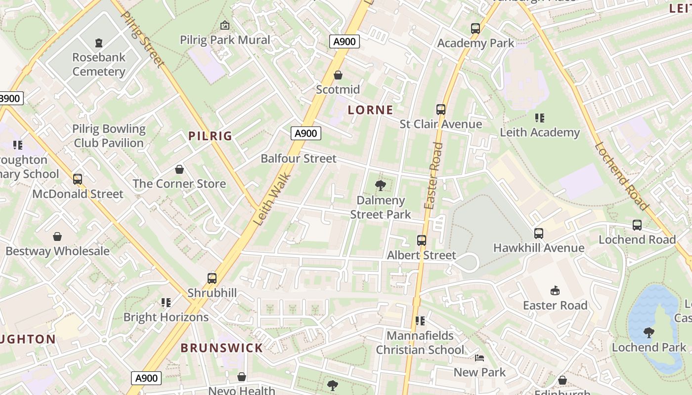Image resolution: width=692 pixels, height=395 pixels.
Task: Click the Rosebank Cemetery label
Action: coord(99,64)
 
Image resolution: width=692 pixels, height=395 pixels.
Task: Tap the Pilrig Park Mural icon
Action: coord(225,25)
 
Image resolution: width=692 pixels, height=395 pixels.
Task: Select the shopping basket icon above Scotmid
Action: coord(338,75)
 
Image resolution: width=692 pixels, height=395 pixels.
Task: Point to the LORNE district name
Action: coord(370,110)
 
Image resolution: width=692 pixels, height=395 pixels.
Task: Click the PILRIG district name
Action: coord(210,136)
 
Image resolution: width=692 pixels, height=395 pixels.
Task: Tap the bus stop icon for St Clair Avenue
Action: coord(440,109)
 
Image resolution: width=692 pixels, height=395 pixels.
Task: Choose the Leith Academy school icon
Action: coord(539,118)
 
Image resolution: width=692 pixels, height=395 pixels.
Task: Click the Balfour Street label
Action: coord(299,158)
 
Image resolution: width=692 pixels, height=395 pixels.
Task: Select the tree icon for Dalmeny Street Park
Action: coord(380,186)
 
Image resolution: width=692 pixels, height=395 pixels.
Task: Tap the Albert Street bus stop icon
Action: coord(422,240)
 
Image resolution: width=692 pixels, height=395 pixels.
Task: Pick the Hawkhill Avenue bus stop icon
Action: coord(539,233)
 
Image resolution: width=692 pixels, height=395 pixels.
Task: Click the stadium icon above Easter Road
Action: coord(555,290)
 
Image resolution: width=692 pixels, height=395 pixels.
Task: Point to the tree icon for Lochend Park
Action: coord(649,332)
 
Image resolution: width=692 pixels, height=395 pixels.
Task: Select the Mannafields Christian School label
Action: coord(420,343)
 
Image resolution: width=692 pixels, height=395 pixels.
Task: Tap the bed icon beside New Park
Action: coord(479,357)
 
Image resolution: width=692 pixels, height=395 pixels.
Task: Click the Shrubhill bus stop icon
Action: coord(212,278)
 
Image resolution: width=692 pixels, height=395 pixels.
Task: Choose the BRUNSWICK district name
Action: coord(221,348)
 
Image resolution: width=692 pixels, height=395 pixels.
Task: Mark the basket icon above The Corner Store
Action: coord(179,169)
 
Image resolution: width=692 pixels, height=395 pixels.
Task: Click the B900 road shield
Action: coord(10,98)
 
